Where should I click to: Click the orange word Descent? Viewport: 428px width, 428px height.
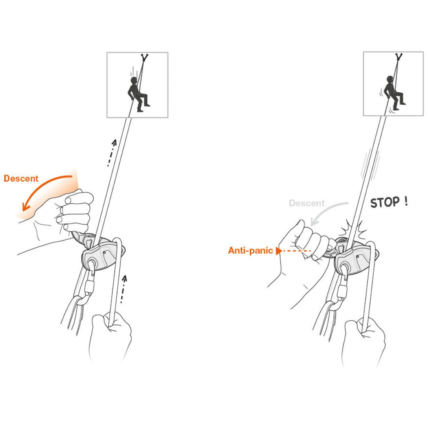[21, 178]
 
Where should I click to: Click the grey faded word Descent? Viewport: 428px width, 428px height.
[307, 203]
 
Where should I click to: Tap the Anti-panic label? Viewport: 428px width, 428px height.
[250, 250]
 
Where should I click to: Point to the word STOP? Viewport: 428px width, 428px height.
[385, 203]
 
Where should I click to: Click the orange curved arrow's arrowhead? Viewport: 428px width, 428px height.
[25, 206]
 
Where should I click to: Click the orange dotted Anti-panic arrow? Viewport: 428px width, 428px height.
[293, 250]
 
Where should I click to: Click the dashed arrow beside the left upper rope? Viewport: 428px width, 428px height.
[111, 153]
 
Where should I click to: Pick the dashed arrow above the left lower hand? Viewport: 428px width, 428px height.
[123, 289]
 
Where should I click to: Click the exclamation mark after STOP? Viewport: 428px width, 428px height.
[407, 201]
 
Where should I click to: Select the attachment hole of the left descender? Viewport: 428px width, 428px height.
[92, 264]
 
